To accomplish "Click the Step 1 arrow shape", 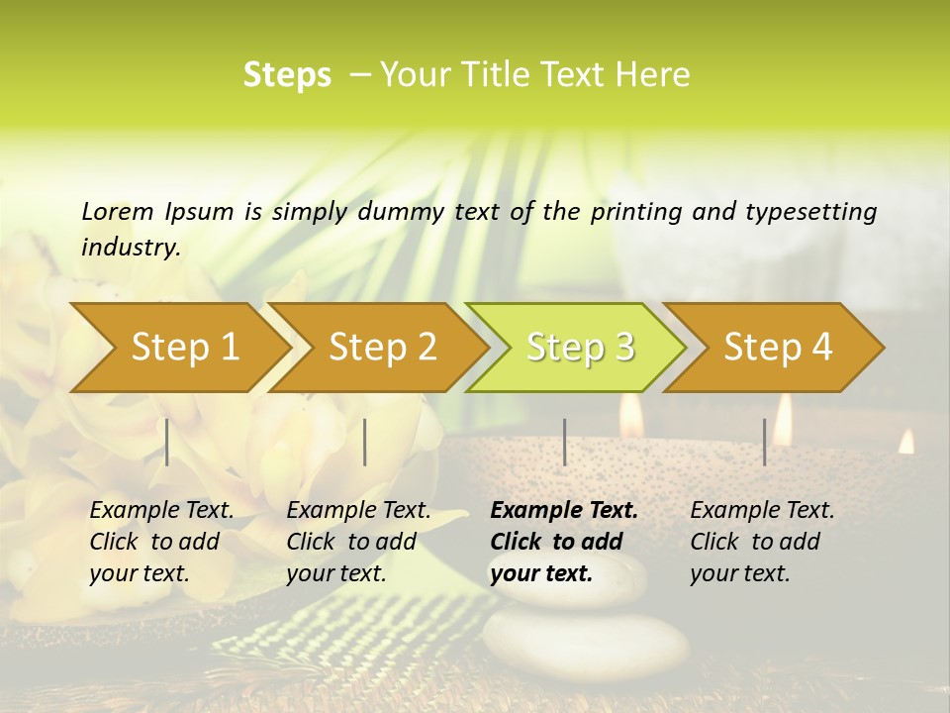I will [x=183, y=347].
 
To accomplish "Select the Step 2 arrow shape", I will [x=381, y=347].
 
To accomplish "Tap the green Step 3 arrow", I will [x=579, y=347].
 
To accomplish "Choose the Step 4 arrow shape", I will [x=777, y=347].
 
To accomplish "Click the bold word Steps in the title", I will [x=287, y=74].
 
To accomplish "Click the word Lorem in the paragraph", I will [x=118, y=211].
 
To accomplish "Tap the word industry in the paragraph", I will [x=131, y=247].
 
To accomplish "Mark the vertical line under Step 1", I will [x=167, y=442].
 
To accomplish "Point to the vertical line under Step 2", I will [x=365, y=442].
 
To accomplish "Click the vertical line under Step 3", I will [x=565, y=442].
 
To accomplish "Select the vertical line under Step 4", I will [x=765, y=442].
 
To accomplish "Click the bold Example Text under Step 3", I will [x=564, y=511].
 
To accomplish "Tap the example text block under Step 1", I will [x=161, y=542].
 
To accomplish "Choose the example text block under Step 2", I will [x=358, y=542].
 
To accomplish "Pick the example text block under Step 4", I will [x=762, y=542].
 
